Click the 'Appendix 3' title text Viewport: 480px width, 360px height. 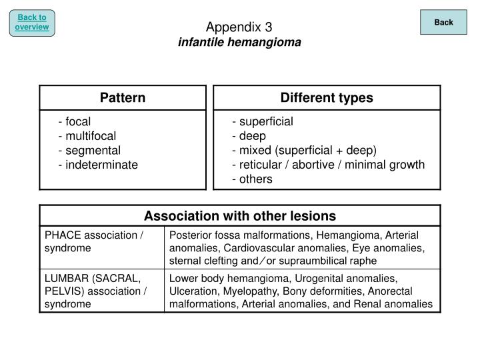[x=239, y=27]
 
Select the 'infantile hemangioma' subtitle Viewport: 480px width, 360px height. [x=239, y=42]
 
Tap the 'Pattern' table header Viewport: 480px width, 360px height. [x=123, y=98]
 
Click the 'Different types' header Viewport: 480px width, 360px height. [x=327, y=98]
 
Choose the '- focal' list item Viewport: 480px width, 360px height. [x=74, y=121]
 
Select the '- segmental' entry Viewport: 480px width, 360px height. [x=89, y=150]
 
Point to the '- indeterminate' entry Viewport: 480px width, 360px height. [x=98, y=165]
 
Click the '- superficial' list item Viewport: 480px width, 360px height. [x=263, y=121]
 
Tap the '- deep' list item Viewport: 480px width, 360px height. [x=249, y=136]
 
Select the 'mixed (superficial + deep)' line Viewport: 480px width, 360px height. [x=307, y=150]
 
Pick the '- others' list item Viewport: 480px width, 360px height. [x=252, y=179]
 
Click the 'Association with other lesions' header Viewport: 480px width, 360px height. [x=240, y=216]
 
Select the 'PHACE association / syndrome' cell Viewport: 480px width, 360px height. [x=94, y=241]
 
